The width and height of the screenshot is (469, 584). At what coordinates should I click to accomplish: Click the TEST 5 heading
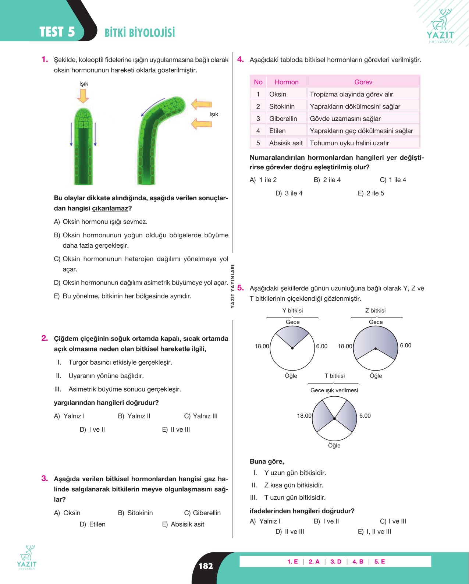click(x=57, y=32)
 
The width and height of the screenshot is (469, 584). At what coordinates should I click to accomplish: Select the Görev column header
click(x=363, y=82)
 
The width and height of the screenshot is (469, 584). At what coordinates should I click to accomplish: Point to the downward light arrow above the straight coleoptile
click(x=83, y=96)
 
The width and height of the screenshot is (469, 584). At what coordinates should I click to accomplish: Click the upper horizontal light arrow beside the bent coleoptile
click(x=201, y=104)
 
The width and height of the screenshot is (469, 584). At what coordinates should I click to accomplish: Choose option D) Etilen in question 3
click(x=92, y=524)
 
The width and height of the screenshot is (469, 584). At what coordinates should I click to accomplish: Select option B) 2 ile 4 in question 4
click(x=327, y=180)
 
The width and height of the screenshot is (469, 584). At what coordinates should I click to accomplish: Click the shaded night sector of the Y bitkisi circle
click(x=292, y=336)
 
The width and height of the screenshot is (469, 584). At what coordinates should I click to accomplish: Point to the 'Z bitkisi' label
click(x=376, y=311)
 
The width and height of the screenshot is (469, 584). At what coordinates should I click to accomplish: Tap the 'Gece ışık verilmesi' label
click(x=334, y=390)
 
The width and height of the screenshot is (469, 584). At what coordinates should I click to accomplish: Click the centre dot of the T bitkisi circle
click(x=334, y=418)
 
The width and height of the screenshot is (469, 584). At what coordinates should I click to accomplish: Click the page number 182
click(x=206, y=566)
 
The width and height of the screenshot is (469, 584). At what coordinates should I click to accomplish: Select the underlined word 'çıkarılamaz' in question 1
click(x=110, y=208)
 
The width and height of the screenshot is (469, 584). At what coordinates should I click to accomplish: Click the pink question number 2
click(x=45, y=338)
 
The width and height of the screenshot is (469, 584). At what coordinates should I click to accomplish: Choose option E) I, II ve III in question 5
click(x=374, y=531)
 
